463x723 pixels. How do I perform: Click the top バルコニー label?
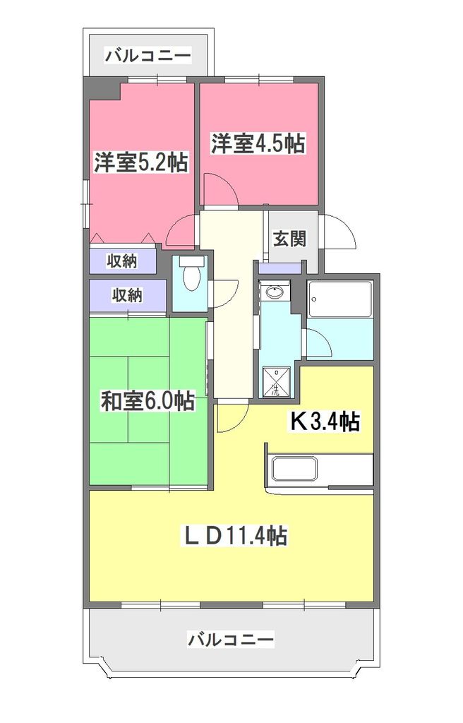[x=148, y=54]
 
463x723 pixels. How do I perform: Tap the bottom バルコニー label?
[x=231, y=640]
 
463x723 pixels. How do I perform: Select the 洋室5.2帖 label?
[x=141, y=163]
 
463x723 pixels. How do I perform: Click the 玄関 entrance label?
[x=289, y=239]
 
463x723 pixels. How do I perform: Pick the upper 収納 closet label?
[x=121, y=261]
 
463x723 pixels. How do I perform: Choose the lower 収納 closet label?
[x=126, y=295]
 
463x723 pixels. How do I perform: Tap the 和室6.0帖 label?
[x=148, y=401]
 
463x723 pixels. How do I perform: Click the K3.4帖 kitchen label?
[x=325, y=422]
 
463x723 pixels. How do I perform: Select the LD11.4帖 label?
[x=235, y=535]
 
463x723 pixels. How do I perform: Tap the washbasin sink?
[x=274, y=292]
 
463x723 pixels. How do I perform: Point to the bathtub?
[x=340, y=299]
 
